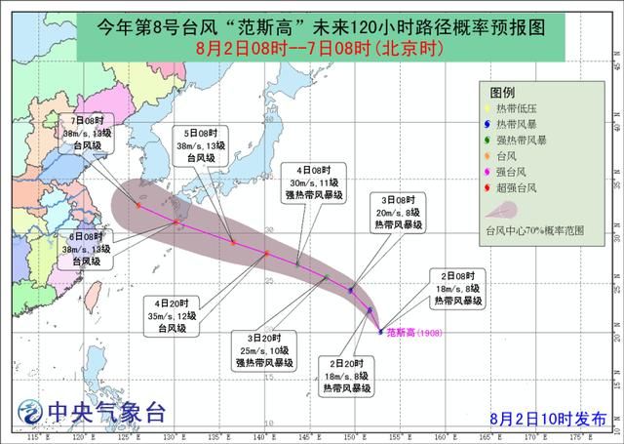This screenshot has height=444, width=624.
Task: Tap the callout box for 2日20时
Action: click(x=349, y=376)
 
